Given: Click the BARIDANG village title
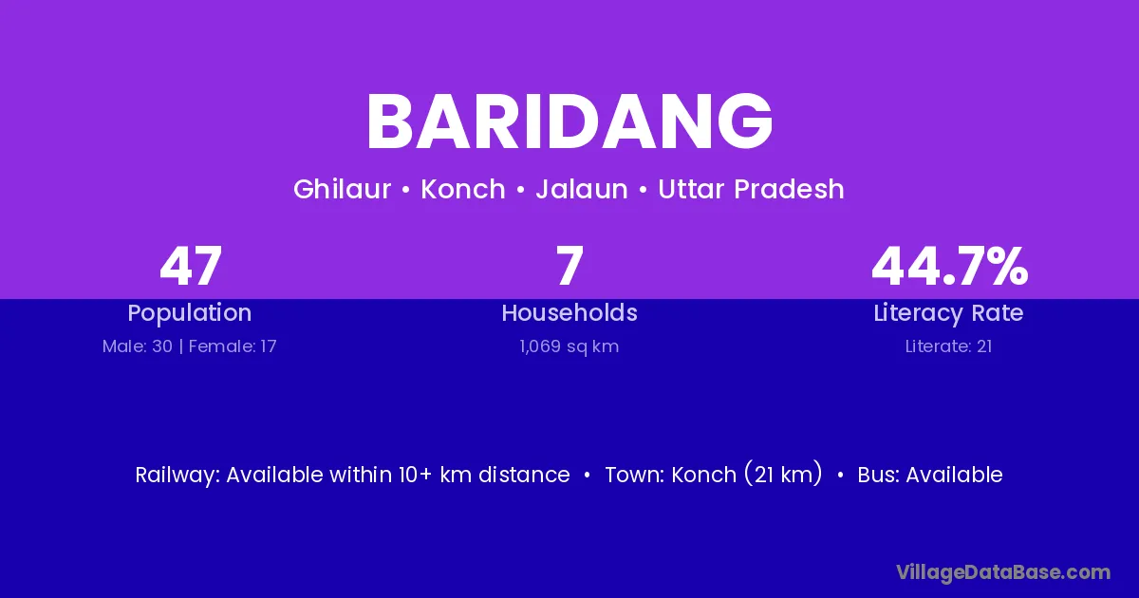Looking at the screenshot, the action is [x=569, y=121].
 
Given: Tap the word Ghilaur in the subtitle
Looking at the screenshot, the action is [x=343, y=189].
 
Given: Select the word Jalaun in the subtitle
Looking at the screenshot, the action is [x=582, y=189].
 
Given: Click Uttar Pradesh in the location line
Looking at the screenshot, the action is [x=751, y=189].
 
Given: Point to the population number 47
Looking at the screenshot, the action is [x=191, y=266].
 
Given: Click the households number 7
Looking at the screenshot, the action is [x=569, y=266].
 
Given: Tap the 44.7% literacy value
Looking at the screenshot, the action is [x=949, y=266].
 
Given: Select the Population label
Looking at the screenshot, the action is [x=190, y=313].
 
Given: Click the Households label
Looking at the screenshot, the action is [x=569, y=312].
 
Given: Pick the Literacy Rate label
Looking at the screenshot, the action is [x=948, y=313].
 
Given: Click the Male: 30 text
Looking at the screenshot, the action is [x=138, y=346].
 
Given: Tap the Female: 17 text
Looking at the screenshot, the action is [x=233, y=346].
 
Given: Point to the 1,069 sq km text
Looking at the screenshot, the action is [x=569, y=346].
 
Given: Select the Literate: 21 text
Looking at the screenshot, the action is [x=948, y=346].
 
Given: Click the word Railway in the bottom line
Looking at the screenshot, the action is [x=177, y=476].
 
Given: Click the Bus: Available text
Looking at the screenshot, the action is [x=930, y=475].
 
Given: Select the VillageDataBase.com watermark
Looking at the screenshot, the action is [x=1003, y=572].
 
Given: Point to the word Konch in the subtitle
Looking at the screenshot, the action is [x=463, y=189].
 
